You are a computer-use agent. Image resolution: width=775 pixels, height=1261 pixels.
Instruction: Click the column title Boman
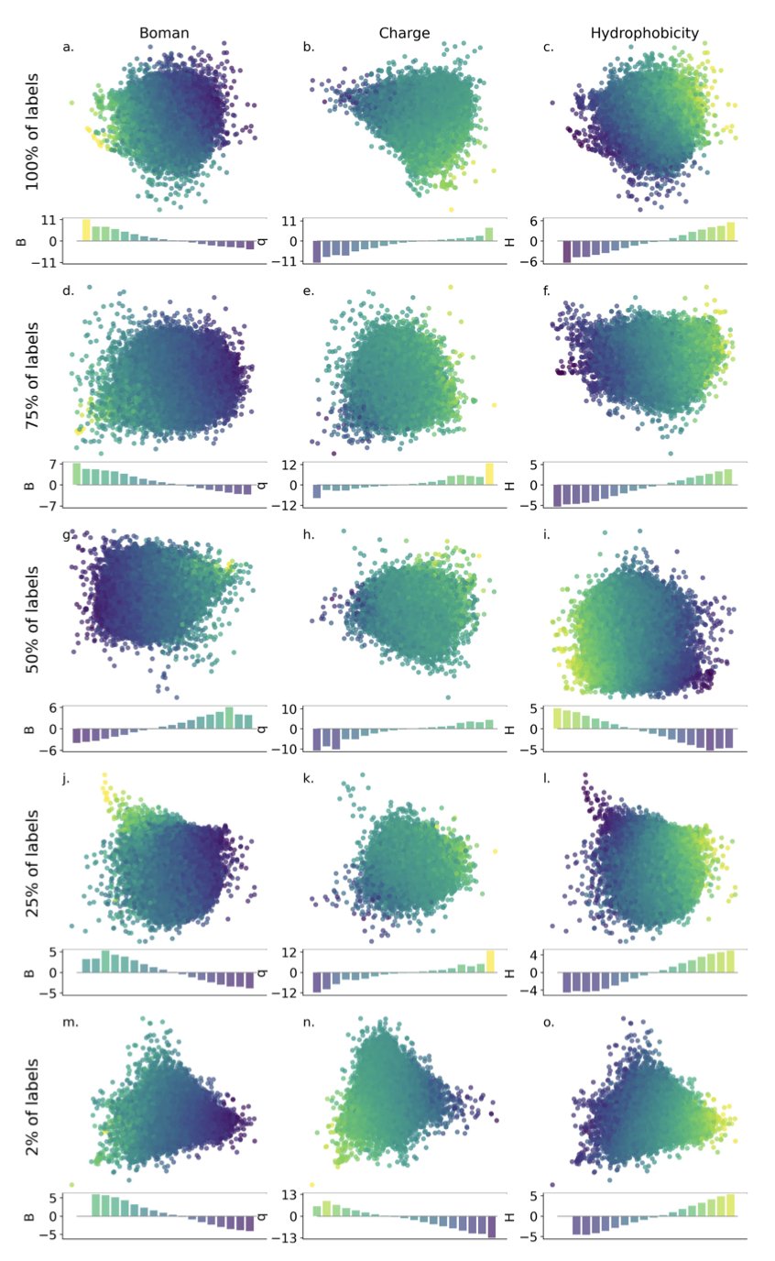tap(164, 33)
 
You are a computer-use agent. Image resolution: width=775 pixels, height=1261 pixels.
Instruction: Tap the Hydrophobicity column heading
tap(644, 33)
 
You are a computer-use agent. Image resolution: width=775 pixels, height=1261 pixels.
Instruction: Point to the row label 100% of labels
tap(33, 134)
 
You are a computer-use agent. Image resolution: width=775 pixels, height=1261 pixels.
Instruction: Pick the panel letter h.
tap(309, 534)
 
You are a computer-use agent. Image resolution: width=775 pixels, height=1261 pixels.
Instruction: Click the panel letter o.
tap(549, 1023)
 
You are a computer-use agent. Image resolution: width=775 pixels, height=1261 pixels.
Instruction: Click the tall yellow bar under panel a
tap(86, 230)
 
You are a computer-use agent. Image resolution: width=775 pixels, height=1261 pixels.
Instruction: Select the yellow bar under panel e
tap(490, 474)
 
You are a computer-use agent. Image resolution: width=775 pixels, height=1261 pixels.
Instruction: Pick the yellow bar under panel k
tap(490, 961)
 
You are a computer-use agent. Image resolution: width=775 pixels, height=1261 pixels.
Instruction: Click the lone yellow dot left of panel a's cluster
tap(71, 103)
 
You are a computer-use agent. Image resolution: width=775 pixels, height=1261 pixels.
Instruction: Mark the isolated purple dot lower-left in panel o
tap(552, 1185)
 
